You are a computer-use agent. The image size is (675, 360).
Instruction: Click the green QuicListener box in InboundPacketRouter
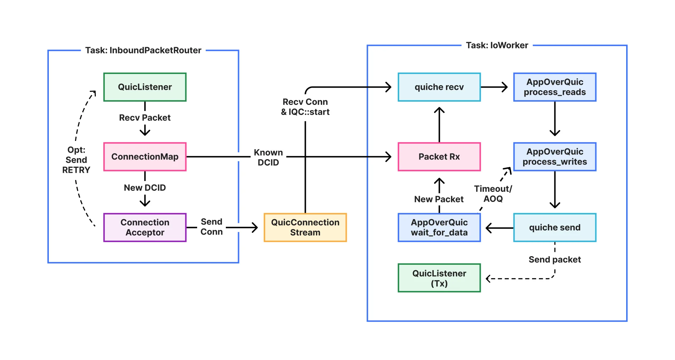pyautogui.click(x=145, y=87)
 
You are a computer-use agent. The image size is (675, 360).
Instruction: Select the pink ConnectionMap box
pyautogui.click(x=145, y=157)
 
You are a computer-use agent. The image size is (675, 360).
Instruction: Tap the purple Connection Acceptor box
pyautogui.click(x=145, y=227)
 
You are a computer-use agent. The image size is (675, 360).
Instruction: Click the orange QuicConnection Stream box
pyautogui.click(x=305, y=227)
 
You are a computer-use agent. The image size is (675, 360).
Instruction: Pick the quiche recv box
pyautogui.click(x=439, y=87)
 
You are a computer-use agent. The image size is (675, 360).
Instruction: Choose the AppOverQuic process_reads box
pyautogui.click(x=555, y=87)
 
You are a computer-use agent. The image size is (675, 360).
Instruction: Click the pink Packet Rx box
pyautogui.click(x=439, y=157)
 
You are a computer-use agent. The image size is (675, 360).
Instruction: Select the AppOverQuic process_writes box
pyautogui.click(x=555, y=157)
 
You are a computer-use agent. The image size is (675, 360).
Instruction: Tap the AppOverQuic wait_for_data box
pyautogui.click(x=439, y=227)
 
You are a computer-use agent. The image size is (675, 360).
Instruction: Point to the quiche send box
pyautogui.click(x=555, y=227)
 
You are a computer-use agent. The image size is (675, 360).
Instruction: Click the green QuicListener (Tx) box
pyautogui.click(x=439, y=278)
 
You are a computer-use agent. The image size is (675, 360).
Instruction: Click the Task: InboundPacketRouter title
pyautogui.click(x=143, y=50)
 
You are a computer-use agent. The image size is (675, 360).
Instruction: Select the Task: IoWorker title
pyautogui.click(x=497, y=45)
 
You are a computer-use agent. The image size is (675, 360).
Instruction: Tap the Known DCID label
pyautogui.click(x=268, y=157)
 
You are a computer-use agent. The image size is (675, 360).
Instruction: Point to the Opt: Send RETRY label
pyautogui.click(x=76, y=160)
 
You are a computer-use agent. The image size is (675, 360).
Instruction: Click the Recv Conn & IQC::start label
pyautogui.click(x=305, y=107)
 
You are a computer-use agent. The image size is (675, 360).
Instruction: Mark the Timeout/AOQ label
pyautogui.click(x=493, y=194)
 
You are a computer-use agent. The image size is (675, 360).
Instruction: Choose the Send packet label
pyautogui.click(x=554, y=259)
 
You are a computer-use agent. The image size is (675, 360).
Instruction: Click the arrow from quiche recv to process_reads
pyautogui.click(x=494, y=87)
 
